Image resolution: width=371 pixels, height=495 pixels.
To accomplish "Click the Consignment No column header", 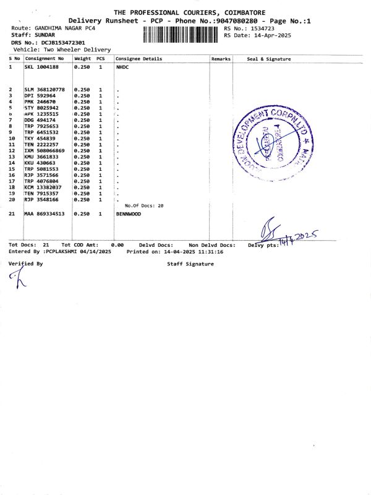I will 45,59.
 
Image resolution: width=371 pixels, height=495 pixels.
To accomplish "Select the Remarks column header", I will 221,59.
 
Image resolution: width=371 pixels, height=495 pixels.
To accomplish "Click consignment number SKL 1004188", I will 41,66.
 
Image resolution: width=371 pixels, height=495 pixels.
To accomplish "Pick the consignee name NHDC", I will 126,66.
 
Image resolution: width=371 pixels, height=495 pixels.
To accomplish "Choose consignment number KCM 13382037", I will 43,187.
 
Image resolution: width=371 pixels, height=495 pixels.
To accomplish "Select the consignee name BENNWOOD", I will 129,213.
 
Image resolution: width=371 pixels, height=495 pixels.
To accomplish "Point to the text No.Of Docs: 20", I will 144,205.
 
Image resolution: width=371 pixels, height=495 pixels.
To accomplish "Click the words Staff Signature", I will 190,264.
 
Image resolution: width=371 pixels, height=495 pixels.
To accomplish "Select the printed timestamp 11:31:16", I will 211,252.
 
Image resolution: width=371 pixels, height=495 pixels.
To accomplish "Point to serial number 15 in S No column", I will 11,169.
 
